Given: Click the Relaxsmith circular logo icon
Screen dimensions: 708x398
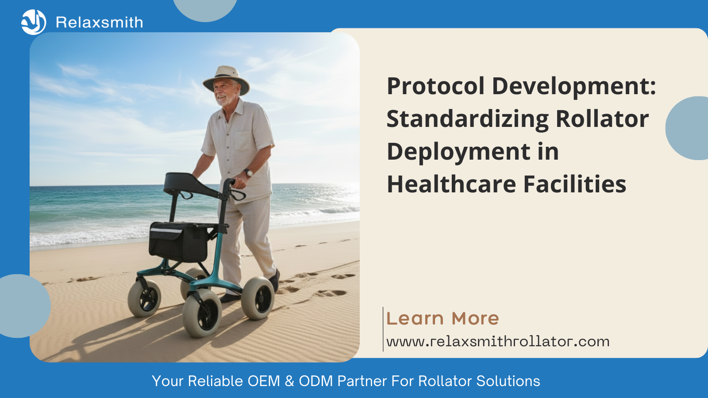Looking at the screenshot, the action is click(x=34, y=22).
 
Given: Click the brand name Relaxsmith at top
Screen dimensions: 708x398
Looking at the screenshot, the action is click(x=99, y=23).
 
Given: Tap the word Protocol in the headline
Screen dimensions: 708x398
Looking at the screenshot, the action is click(x=436, y=87).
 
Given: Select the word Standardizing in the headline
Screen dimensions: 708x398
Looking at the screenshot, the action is click(x=468, y=120).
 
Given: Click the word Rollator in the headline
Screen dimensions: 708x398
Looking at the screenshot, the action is click(x=602, y=119).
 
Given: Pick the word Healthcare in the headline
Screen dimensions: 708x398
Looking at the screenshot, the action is click(x=452, y=184).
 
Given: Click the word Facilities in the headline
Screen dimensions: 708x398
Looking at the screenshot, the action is click(x=575, y=184).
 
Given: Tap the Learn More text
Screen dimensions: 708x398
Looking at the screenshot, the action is click(x=442, y=318).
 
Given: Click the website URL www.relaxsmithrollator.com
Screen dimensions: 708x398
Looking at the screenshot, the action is click(x=498, y=342).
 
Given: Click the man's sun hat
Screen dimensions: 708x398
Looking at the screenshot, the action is click(x=226, y=79).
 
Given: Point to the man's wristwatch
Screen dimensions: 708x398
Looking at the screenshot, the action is click(x=248, y=172).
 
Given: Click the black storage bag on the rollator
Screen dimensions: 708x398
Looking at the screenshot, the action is click(x=178, y=241).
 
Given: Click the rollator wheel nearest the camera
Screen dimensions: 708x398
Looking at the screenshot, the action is click(x=202, y=314).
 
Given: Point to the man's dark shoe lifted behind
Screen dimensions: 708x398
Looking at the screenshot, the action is click(x=275, y=280).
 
